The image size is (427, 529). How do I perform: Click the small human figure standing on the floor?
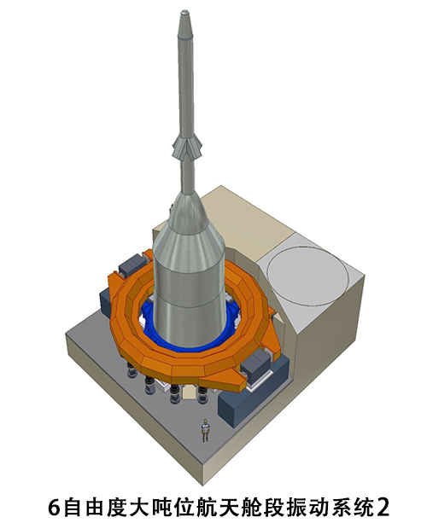205,429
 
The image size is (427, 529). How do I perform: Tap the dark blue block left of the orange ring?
106,302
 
